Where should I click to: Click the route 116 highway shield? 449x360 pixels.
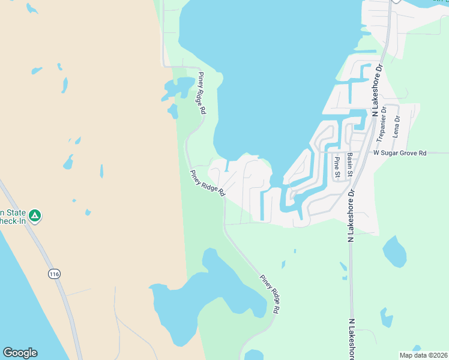(55, 274)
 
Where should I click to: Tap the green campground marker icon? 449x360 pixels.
(35, 215)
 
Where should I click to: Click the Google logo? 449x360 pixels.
(20, 353)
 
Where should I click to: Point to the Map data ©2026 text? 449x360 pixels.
(423, 355)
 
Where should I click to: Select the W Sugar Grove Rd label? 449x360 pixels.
(399, 154)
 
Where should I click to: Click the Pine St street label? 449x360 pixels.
(337, 167)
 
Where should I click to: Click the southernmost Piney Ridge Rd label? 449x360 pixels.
(270, 295)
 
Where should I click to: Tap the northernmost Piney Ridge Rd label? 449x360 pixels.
(202, 94)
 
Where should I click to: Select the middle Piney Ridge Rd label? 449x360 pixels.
(207, 184)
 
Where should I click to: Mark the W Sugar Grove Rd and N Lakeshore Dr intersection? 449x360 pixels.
(364, 152)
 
